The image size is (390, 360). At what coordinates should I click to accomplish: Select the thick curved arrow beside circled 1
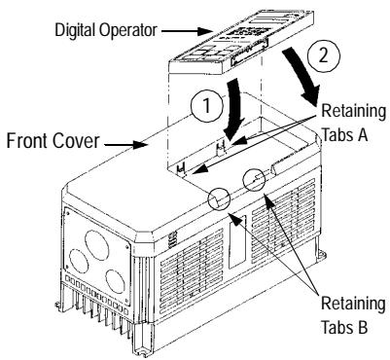[x=231, y=109]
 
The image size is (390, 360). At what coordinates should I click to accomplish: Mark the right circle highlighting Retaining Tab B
[x=257, y=181]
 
